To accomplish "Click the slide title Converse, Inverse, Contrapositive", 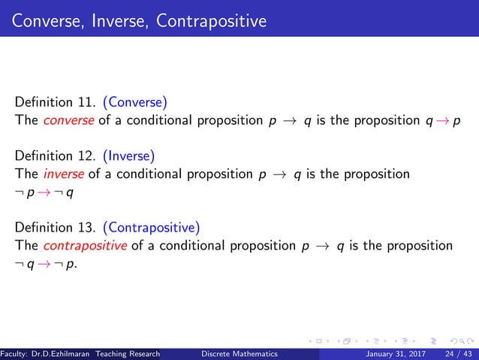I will click(x=139, y=20).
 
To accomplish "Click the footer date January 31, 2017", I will click(x=399, y=353).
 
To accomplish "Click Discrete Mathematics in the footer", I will click(x=239, y=353).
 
